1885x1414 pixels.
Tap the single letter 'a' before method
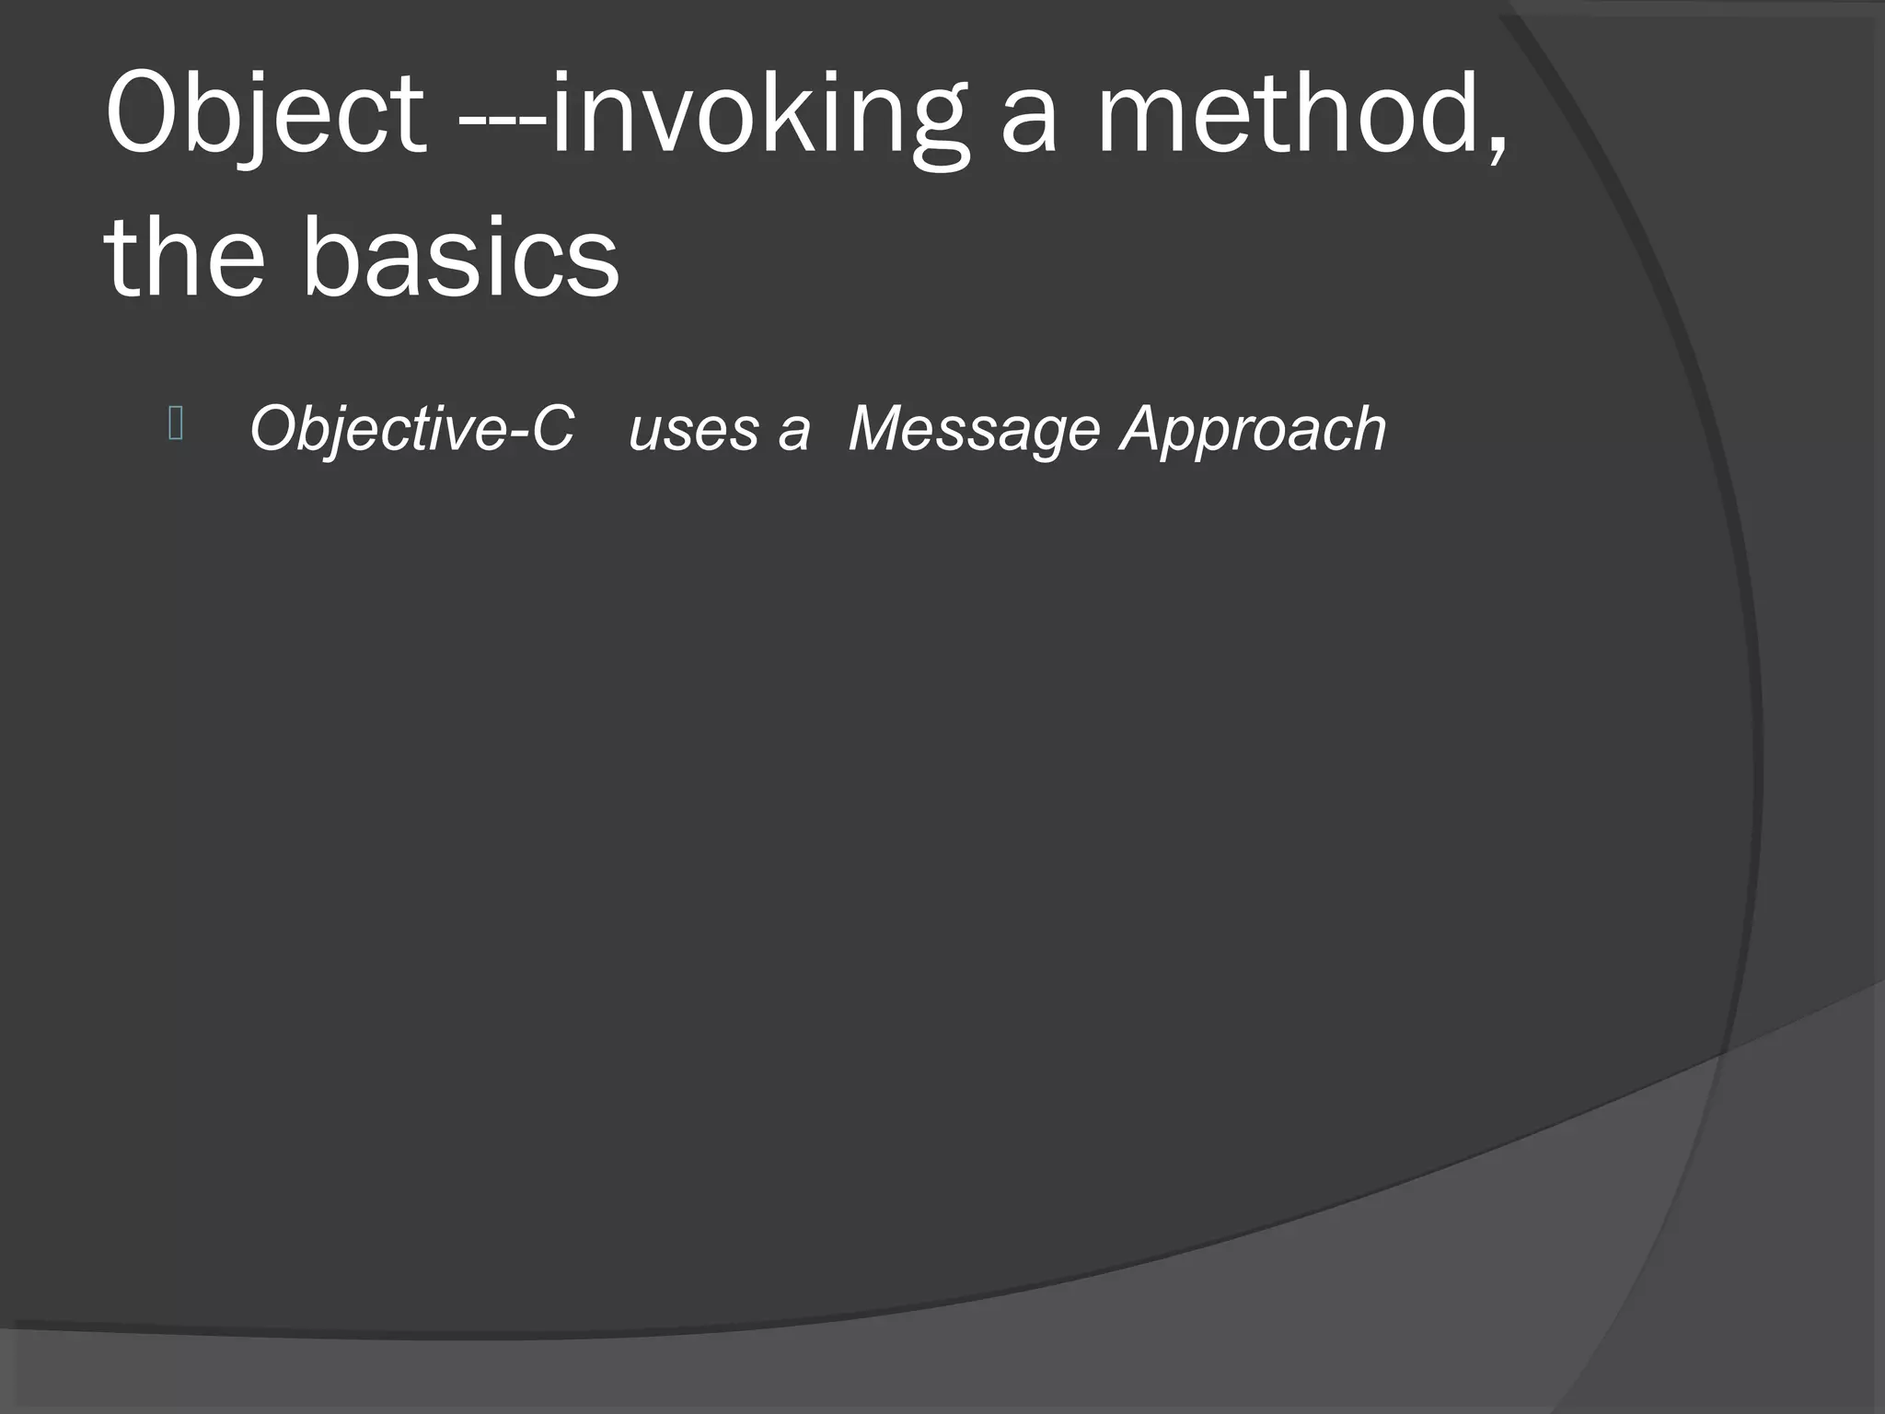click(1029, 123)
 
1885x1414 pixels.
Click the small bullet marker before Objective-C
click(177, 424)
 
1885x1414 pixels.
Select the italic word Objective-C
click(412, 429)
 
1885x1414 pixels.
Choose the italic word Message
click(973, 429)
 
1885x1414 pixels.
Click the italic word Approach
click(1252, 429)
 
